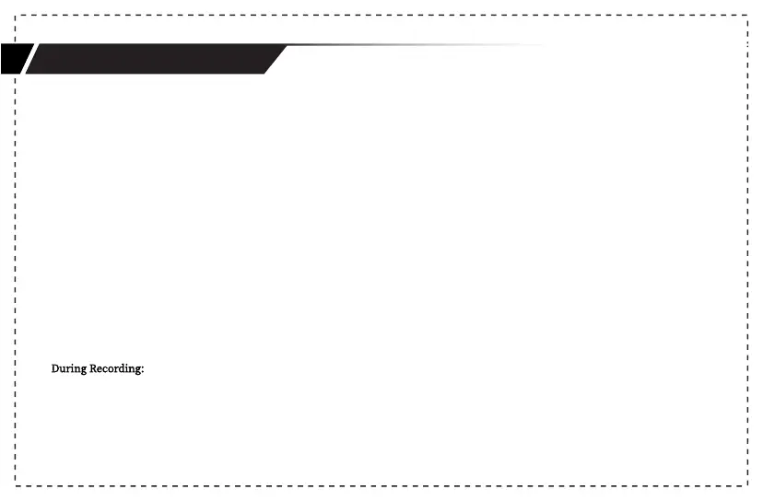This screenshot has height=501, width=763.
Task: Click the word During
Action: (x=68, y=369)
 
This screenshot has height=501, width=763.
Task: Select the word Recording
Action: (x=114, y=369)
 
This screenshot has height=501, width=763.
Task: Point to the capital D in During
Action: (x=55, y=369)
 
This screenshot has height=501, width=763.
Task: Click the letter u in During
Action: (x=63, y=370)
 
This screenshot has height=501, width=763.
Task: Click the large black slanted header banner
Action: (x=152, y=59)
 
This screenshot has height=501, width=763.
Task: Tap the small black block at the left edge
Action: (x=12, y=59)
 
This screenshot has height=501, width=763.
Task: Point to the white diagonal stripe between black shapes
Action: (x=29, y=59)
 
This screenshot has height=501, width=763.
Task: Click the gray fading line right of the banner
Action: (x=415, y=45)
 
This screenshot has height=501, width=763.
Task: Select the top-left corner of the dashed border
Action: (x=16, y=16)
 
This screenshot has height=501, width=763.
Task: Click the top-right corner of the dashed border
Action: (x=746, y=16)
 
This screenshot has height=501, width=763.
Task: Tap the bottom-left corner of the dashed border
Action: (x=16, y=484)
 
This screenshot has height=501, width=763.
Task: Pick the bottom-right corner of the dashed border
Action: (x=746, y=484)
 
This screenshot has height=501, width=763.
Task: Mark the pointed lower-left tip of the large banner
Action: (x=27, y=73)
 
